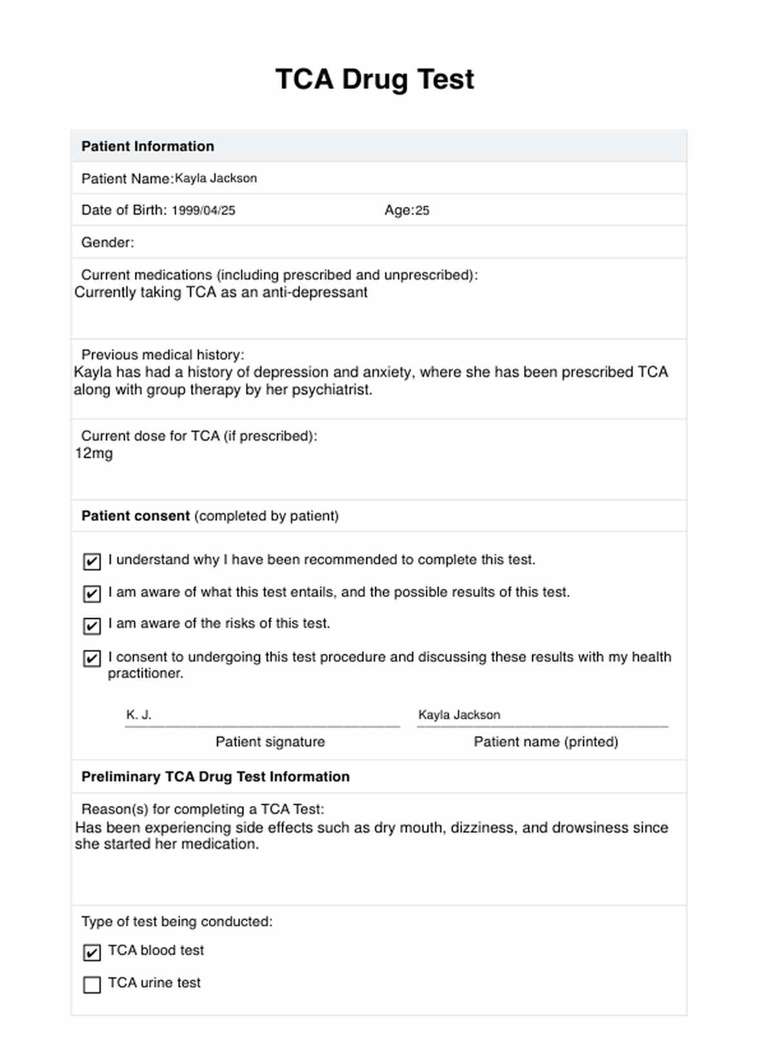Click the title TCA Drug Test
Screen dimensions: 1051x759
click(x=374, y=79)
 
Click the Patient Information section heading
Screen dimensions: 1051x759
click(x=147, y=146)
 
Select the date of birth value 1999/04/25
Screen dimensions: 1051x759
click(x=203, y=211)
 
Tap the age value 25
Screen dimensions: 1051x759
click(x=422, y=211)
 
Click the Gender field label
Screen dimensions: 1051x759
click(x=107, y=242)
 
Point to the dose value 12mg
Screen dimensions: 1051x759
click(x=94, y=453)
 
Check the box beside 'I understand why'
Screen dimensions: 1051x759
click(x=92, y=562)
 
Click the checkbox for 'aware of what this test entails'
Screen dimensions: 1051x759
click(x=92, y=593)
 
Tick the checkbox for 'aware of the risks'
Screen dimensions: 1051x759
click(x=92, y=625)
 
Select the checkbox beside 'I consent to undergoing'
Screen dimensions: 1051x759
click(x=92, y=658)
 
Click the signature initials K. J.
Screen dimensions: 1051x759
click(x=139, y=714)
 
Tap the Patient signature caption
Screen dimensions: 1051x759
click(x=270, y=742)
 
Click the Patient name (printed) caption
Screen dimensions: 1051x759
click(x=545, y=742)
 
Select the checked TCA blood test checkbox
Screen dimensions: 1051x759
click(x=92, y=952)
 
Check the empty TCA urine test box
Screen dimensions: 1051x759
click(x=92, y=985)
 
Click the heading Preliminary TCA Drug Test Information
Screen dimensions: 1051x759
click(x=215, y=776)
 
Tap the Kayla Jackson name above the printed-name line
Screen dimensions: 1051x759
click(x=459, y=714)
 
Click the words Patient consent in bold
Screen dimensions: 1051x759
click(x=136, y=516)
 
